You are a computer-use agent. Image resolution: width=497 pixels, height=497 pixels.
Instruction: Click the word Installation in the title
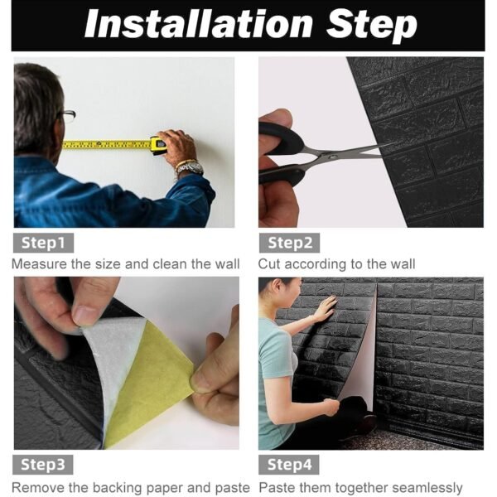point(196,25)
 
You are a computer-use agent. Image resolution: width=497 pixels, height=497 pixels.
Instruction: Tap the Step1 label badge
point(44,243)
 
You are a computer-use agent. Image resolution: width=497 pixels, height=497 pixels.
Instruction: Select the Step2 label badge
point(289,243)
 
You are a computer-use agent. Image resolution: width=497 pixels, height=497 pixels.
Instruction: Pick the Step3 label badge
point(44,464)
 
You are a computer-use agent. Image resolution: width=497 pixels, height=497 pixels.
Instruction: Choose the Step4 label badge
point(289,464)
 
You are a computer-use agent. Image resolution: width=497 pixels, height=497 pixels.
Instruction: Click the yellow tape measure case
point(157,145)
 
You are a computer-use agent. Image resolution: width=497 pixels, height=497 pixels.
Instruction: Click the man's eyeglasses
point(66,116)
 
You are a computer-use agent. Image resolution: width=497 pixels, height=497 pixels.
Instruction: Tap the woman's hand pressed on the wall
point(326,309)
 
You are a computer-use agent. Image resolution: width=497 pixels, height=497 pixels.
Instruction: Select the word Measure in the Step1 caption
point(37,264)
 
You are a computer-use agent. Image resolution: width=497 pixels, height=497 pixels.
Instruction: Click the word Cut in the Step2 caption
point(269,264)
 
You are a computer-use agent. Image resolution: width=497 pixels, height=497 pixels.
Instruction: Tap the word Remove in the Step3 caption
point(36,487)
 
